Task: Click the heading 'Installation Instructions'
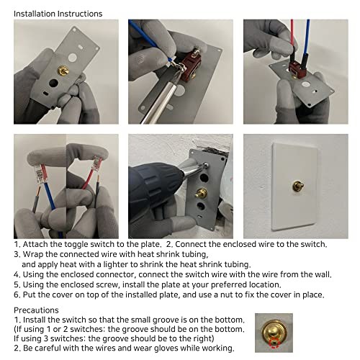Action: (x=58, y=14)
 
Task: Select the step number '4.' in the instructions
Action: (x=18, y=274)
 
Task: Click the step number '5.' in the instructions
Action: (x=18, y=284)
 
